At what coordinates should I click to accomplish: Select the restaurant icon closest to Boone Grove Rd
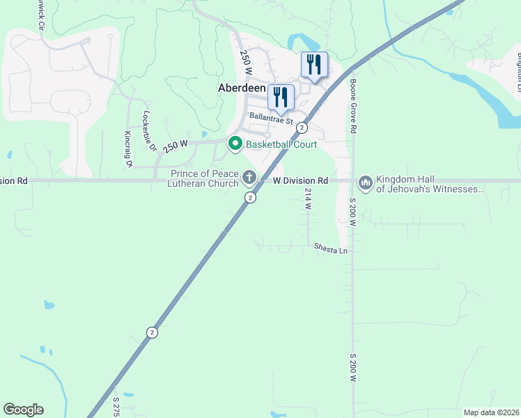click(x=314, y=65)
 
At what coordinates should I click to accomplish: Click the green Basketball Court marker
click(x=235, y=144)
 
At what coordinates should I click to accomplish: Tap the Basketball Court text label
click(x=281, y=144)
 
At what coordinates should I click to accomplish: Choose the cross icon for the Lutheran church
click(x=249, y=177)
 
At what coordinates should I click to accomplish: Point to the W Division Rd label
click(x=300, y=180)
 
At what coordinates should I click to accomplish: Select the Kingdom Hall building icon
click(x=365, y=183)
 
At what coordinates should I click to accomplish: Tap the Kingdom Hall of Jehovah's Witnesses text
click(x=429, y=184)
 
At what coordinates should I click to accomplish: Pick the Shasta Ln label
click(x=330, y=248)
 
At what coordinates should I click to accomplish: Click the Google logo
click(x=23, y=410)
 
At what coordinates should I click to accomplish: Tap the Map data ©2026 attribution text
click(x=491, y=412)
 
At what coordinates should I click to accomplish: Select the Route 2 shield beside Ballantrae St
click(x=302, y=127)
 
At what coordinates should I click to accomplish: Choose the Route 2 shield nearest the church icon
click(x=249, y=198)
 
